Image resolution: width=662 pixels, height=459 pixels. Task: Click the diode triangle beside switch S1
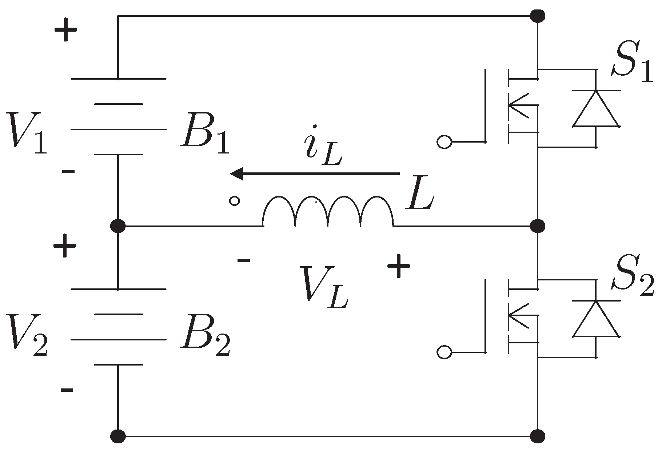[x=596, y=109]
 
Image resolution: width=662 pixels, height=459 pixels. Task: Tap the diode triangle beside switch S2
[x=596, y=319]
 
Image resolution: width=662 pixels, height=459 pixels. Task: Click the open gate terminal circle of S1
[x=444, y=142]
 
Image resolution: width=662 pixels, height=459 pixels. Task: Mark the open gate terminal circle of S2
[x=444, y=352]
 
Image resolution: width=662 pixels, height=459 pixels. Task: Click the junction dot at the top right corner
[x=538, y=16]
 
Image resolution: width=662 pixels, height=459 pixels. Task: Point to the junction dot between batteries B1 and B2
[x=118, y=226]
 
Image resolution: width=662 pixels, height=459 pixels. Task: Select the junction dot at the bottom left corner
[x=118, y=436]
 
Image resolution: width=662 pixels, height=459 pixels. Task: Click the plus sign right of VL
[x=399, y=266]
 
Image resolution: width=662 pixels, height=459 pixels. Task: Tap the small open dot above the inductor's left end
[x=235, y=200]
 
